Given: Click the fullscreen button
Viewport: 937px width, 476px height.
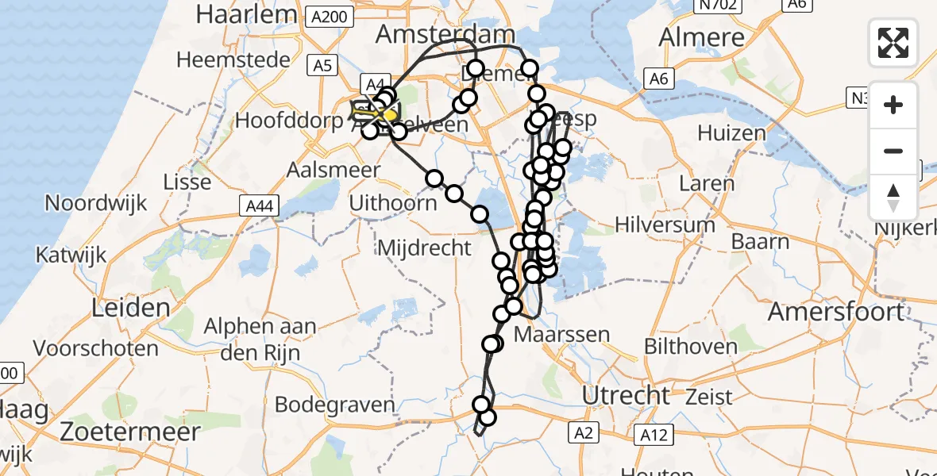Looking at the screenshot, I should coord(893,43).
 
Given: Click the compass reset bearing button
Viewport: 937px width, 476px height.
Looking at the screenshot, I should coord(893,197).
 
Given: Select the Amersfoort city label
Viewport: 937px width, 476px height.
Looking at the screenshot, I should coord(836,312).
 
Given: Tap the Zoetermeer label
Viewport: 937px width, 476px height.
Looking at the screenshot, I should coord(129,433).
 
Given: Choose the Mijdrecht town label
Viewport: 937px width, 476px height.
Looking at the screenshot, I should coord(424,248).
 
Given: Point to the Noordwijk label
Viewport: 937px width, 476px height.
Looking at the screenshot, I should coord(96,202).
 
